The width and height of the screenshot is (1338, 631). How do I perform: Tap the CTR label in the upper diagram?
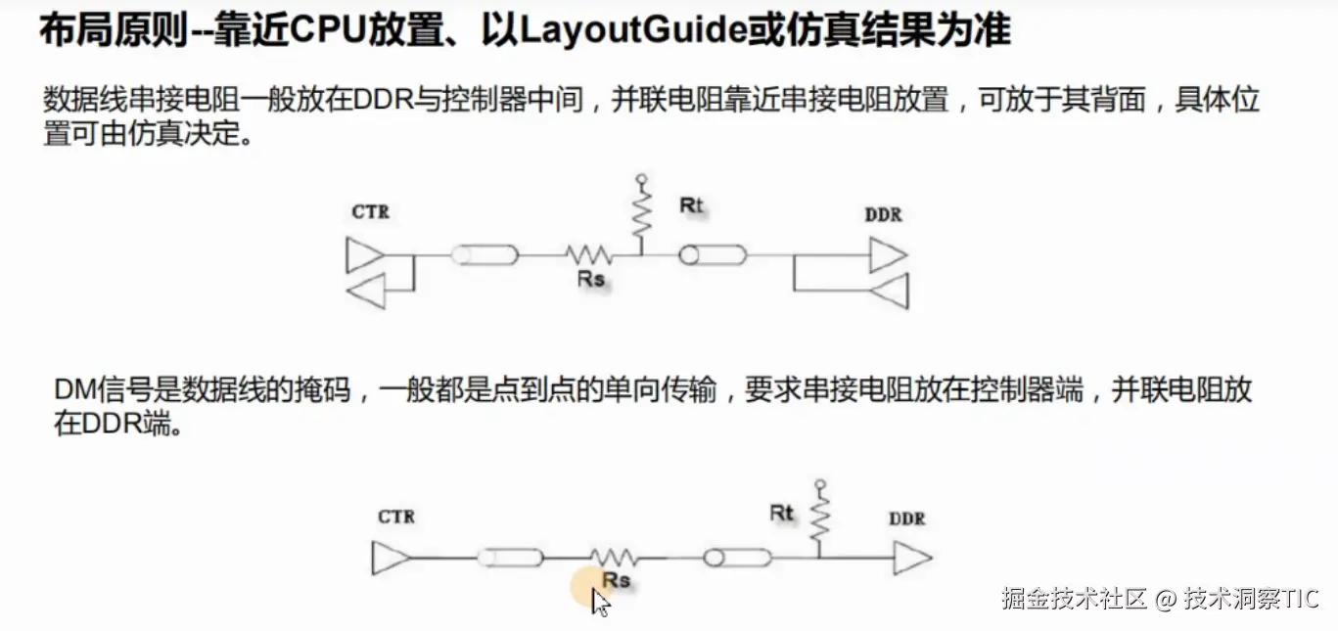click(x=370, y=211)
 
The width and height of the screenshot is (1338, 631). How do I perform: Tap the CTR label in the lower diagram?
click(x=396, y=517)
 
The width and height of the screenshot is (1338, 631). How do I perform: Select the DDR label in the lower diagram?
click(x=907, y=518)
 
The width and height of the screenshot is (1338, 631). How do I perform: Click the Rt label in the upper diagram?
click(x=692, y=206)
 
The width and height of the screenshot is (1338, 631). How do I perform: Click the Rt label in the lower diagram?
click(x=782, y=513)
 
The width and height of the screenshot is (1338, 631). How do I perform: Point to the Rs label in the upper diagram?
click(x=591, y=280)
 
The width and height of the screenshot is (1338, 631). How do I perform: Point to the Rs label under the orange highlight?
click(x=617, y=581)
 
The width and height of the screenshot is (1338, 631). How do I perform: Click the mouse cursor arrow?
click(x=600, y=601)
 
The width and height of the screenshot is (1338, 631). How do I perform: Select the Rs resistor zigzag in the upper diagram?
click(x=589, y=256)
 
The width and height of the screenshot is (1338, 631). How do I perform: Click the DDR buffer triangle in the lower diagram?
click(x=910, y=560)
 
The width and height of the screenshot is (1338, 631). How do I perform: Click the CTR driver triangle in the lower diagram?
click(x=386, y=559)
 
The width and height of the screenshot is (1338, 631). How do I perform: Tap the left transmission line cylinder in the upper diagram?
click(x=484, y=256)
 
